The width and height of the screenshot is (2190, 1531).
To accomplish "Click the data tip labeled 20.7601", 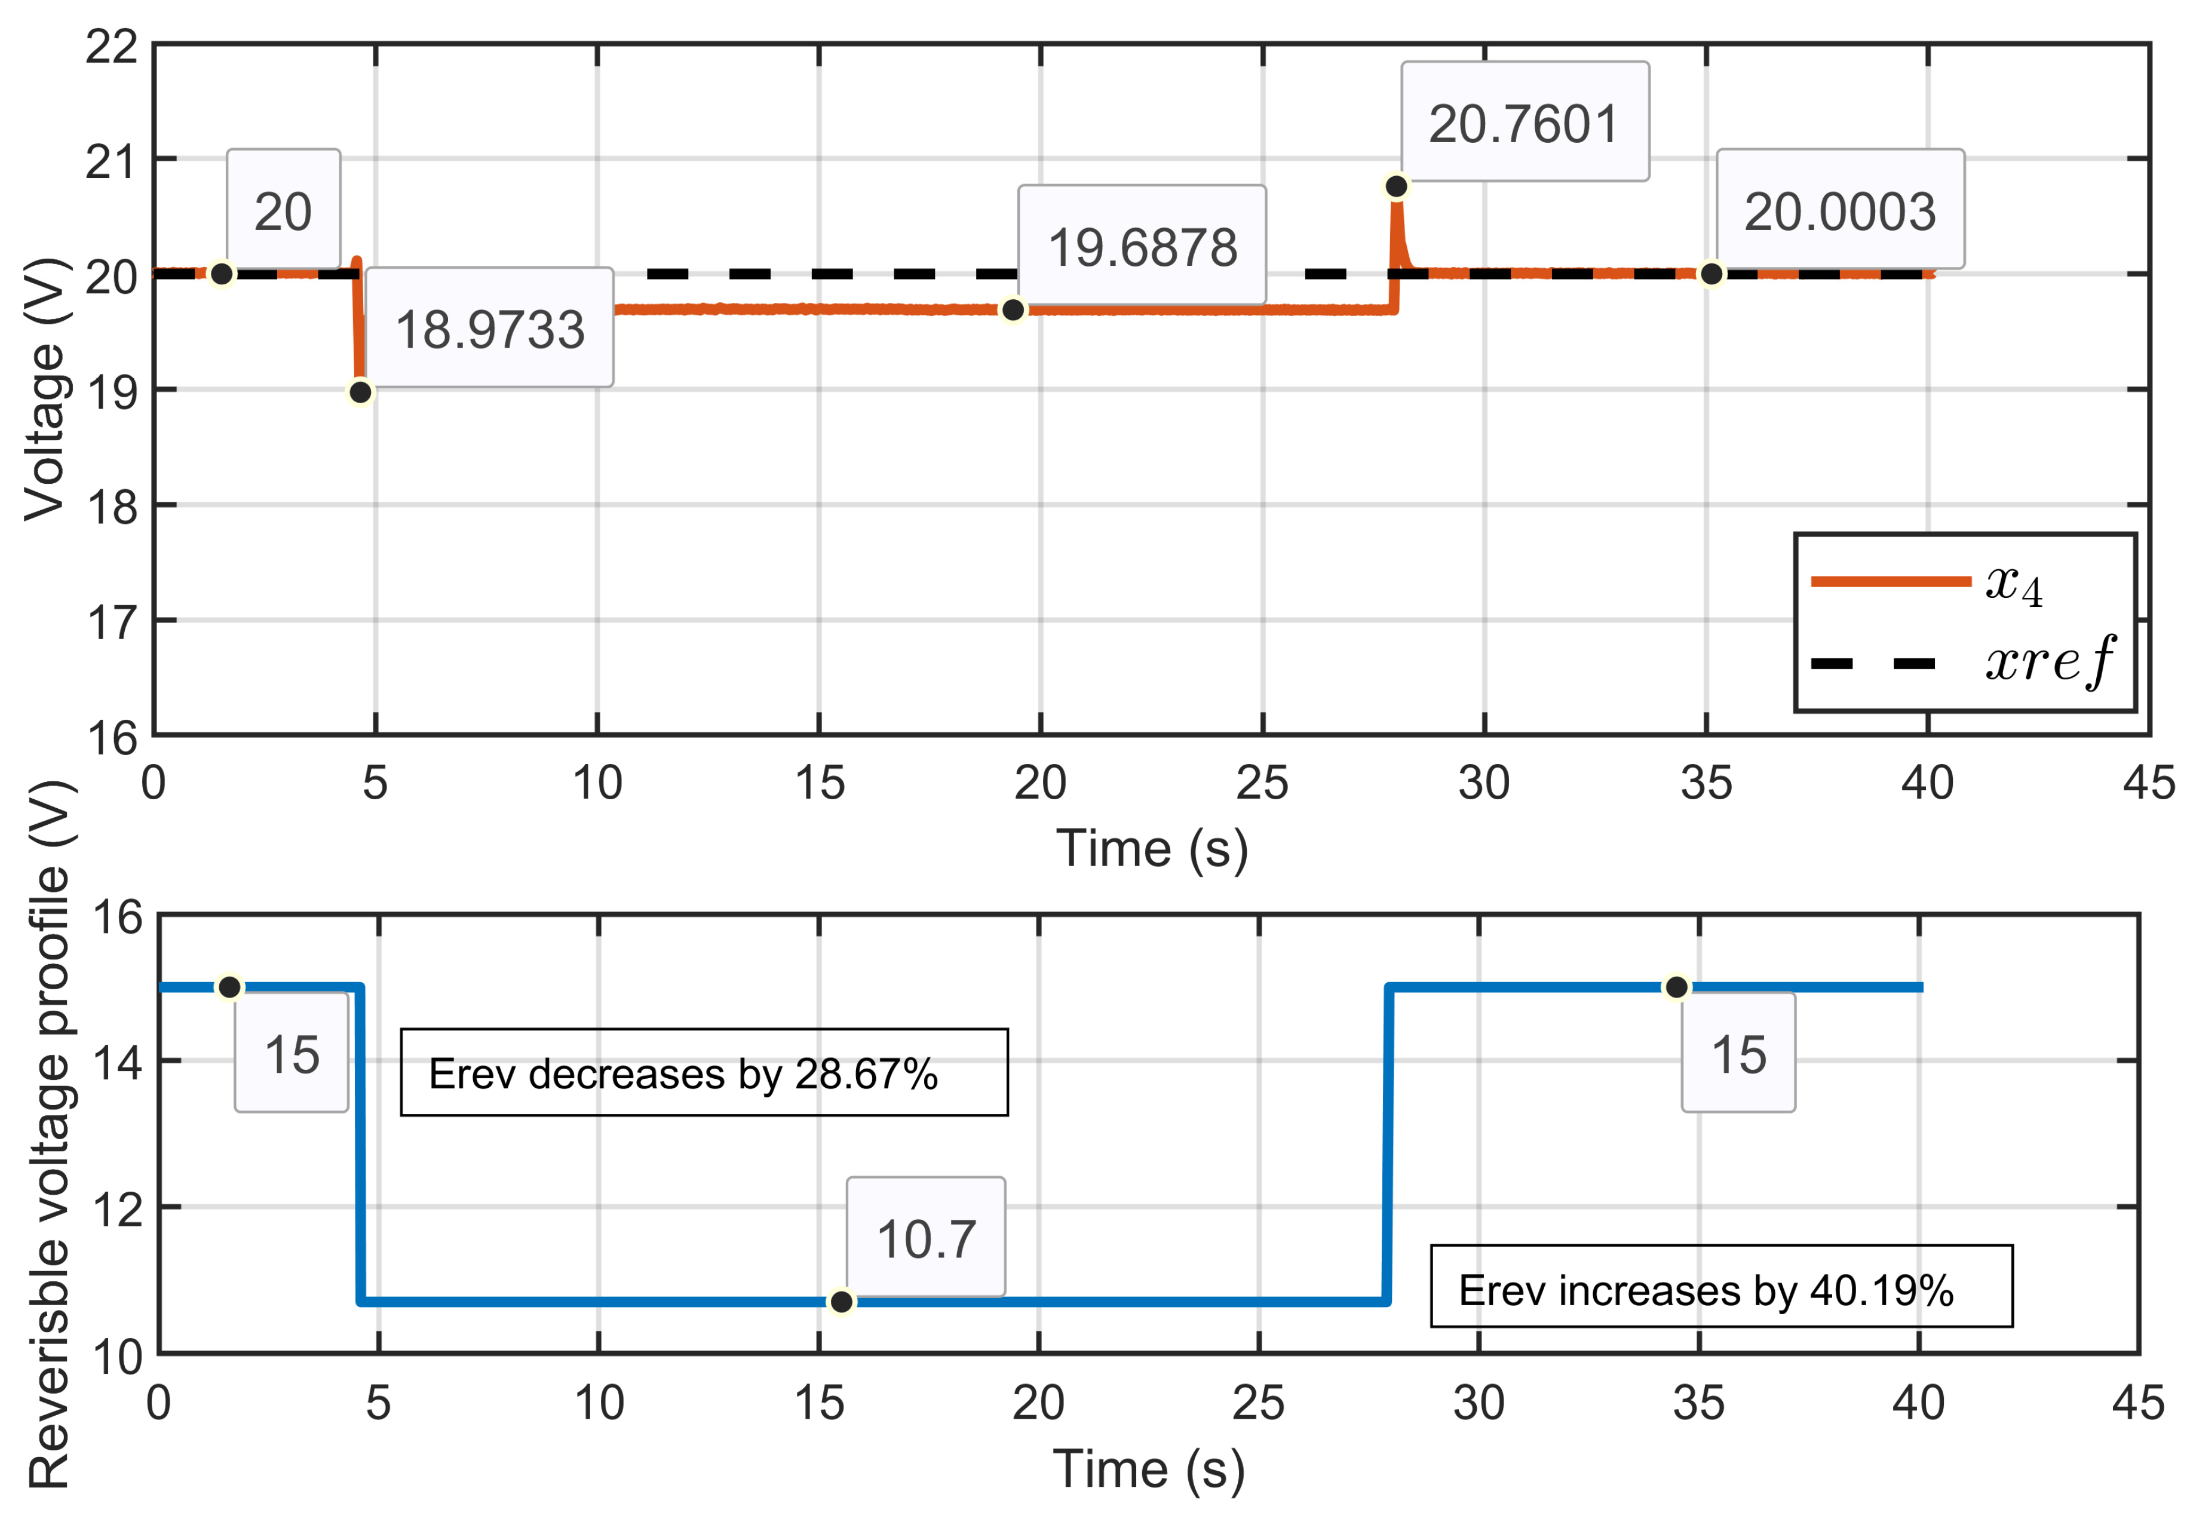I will coord(1525,122).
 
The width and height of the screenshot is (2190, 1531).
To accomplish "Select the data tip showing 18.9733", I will coord(489,327).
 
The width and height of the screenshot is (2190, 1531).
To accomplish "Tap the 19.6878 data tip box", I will coord(1142,245).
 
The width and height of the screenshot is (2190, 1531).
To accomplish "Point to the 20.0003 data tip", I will coord(1840,209).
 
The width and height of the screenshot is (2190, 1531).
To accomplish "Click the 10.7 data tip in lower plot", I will coord(925,1237).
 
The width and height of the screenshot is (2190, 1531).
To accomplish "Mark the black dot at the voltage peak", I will coord(1397,186).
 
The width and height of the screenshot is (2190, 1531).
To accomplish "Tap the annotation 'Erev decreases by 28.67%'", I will coord(704,1073).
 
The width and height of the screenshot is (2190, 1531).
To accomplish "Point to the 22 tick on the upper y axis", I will coord(112,46).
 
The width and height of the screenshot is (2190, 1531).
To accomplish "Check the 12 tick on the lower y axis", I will coord(116,1210).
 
